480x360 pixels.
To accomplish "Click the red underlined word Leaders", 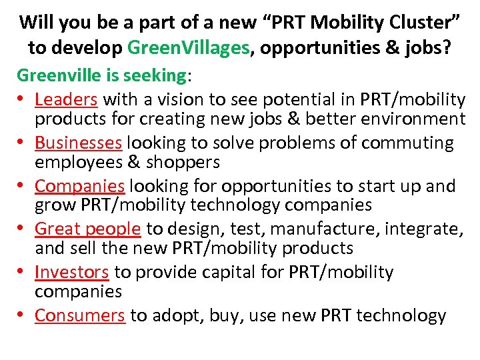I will click(66, 100).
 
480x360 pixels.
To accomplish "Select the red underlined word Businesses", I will click(78, 143).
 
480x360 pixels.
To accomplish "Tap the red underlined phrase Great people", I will click(87, 229).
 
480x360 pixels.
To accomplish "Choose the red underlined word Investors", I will click(71, 273).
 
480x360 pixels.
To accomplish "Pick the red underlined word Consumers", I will click(79, 315).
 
